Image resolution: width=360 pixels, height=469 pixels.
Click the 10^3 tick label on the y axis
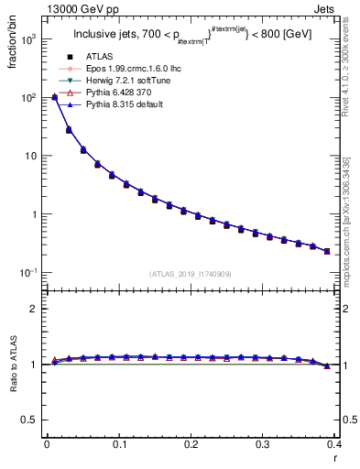pos(27,38)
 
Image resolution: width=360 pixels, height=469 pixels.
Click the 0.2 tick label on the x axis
pos(191,448)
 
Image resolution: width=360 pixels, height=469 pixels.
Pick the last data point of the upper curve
pos(327,251)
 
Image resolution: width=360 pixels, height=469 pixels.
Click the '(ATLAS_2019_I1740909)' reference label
pos(190,274)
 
